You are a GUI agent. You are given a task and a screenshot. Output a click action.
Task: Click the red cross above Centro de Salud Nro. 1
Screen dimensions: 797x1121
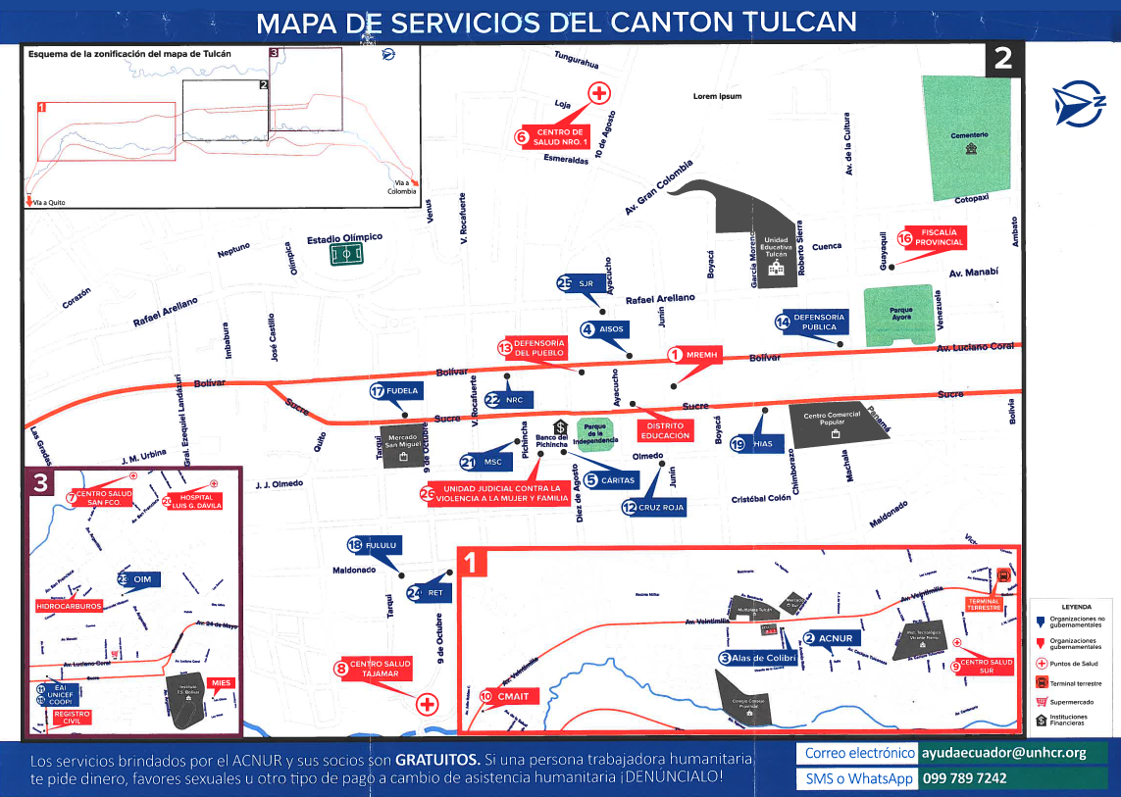pyautogui.click(x=598, y=93)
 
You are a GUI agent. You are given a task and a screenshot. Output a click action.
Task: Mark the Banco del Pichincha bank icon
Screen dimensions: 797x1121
pyautogui.click(x=560, y=426)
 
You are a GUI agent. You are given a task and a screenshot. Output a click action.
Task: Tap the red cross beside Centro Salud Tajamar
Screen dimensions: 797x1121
pyautogui.click(x=427, y=704)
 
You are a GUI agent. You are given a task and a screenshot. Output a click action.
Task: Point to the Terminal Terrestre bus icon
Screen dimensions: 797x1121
pyautogui.click(x=1003, y=575)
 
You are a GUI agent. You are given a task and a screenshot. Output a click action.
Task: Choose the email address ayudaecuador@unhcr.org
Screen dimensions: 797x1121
pyautogui.click(x=1003, y=753)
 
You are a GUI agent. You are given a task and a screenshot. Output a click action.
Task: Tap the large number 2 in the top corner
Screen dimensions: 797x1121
pyautogui.click(x=1002, y=58)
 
